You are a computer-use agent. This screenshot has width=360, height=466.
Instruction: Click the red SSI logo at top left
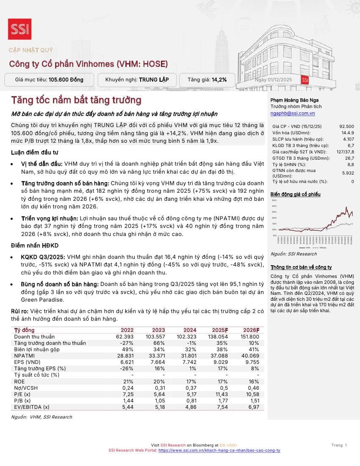click(19, 29)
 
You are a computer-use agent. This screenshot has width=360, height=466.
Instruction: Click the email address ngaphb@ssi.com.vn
click(293, 114)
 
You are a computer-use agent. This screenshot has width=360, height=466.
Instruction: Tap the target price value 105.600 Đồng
click(66, 80)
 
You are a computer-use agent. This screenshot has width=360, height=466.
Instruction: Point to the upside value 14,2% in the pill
click(219, 80)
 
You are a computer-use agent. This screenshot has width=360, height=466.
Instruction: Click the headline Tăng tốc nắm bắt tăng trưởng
click(76, 100)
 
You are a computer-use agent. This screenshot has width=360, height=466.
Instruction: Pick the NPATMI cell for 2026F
click(250, 356)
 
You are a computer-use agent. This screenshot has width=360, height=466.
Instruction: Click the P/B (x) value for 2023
click(158, 401)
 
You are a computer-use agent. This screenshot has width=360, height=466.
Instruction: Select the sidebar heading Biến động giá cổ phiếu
click(295, 194)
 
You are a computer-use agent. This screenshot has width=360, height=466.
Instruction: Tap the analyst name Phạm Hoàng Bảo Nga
click(292, 100)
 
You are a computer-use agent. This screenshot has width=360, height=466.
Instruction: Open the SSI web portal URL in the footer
click(219, 450)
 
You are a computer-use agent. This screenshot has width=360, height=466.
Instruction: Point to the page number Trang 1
click(339, 445)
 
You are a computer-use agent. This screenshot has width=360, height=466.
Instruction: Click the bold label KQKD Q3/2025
click(43, 257)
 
